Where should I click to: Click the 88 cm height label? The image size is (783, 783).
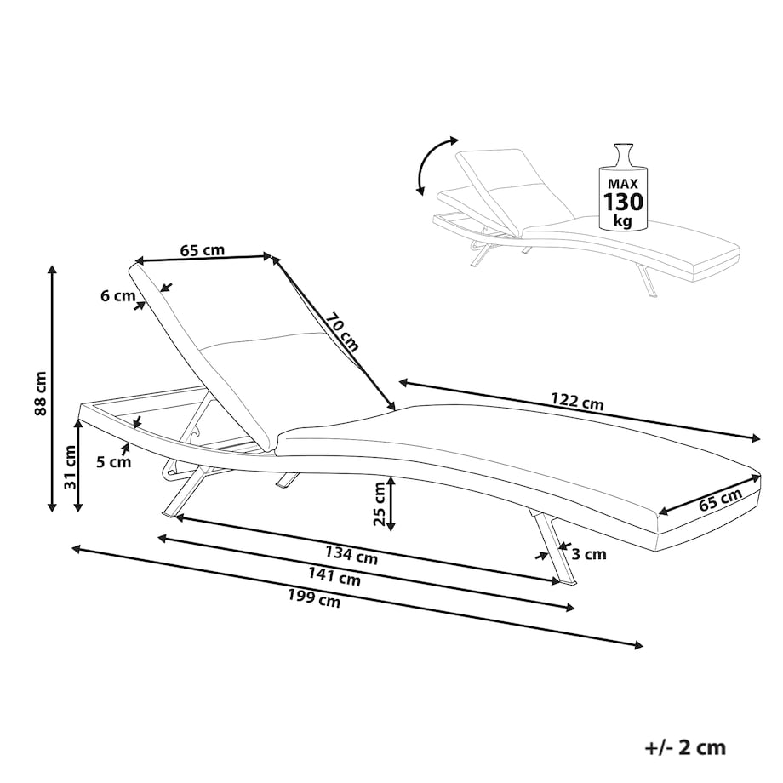(41, 393)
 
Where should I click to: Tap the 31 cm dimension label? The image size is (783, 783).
(70, 467)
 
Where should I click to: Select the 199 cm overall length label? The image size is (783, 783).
(314, 598)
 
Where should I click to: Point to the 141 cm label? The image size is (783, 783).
(334, 576)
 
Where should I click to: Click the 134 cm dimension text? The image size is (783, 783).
(351, 554)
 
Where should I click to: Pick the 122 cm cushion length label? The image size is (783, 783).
(577, 401)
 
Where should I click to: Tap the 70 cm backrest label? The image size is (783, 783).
(343, 332)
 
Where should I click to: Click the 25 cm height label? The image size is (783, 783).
(380, 504)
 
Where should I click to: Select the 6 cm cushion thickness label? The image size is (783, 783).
(117, 296)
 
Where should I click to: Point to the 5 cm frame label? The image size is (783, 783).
(114, 462)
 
